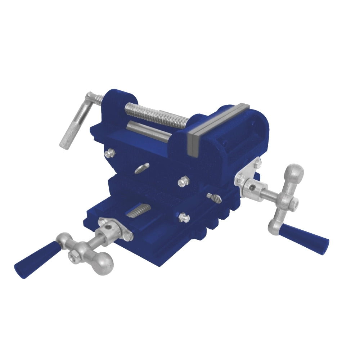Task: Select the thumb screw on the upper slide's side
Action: tap(142, 168)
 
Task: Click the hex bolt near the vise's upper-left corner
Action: tap(109, 154)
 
